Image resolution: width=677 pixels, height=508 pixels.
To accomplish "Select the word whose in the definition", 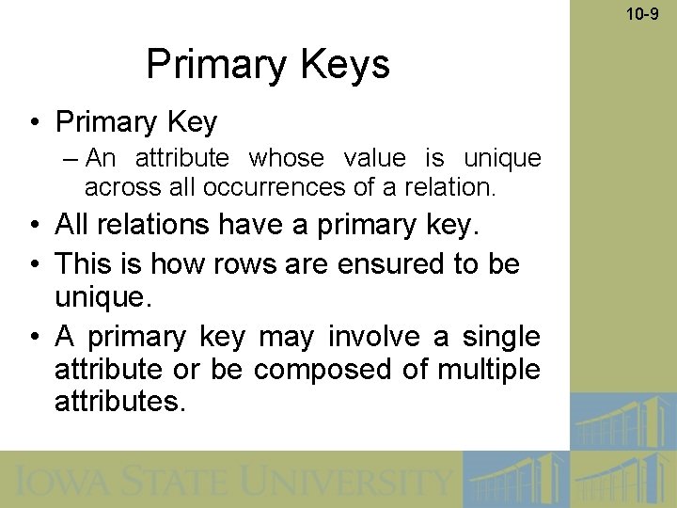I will (286, 158).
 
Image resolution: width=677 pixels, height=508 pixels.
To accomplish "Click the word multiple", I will (489, 370).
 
